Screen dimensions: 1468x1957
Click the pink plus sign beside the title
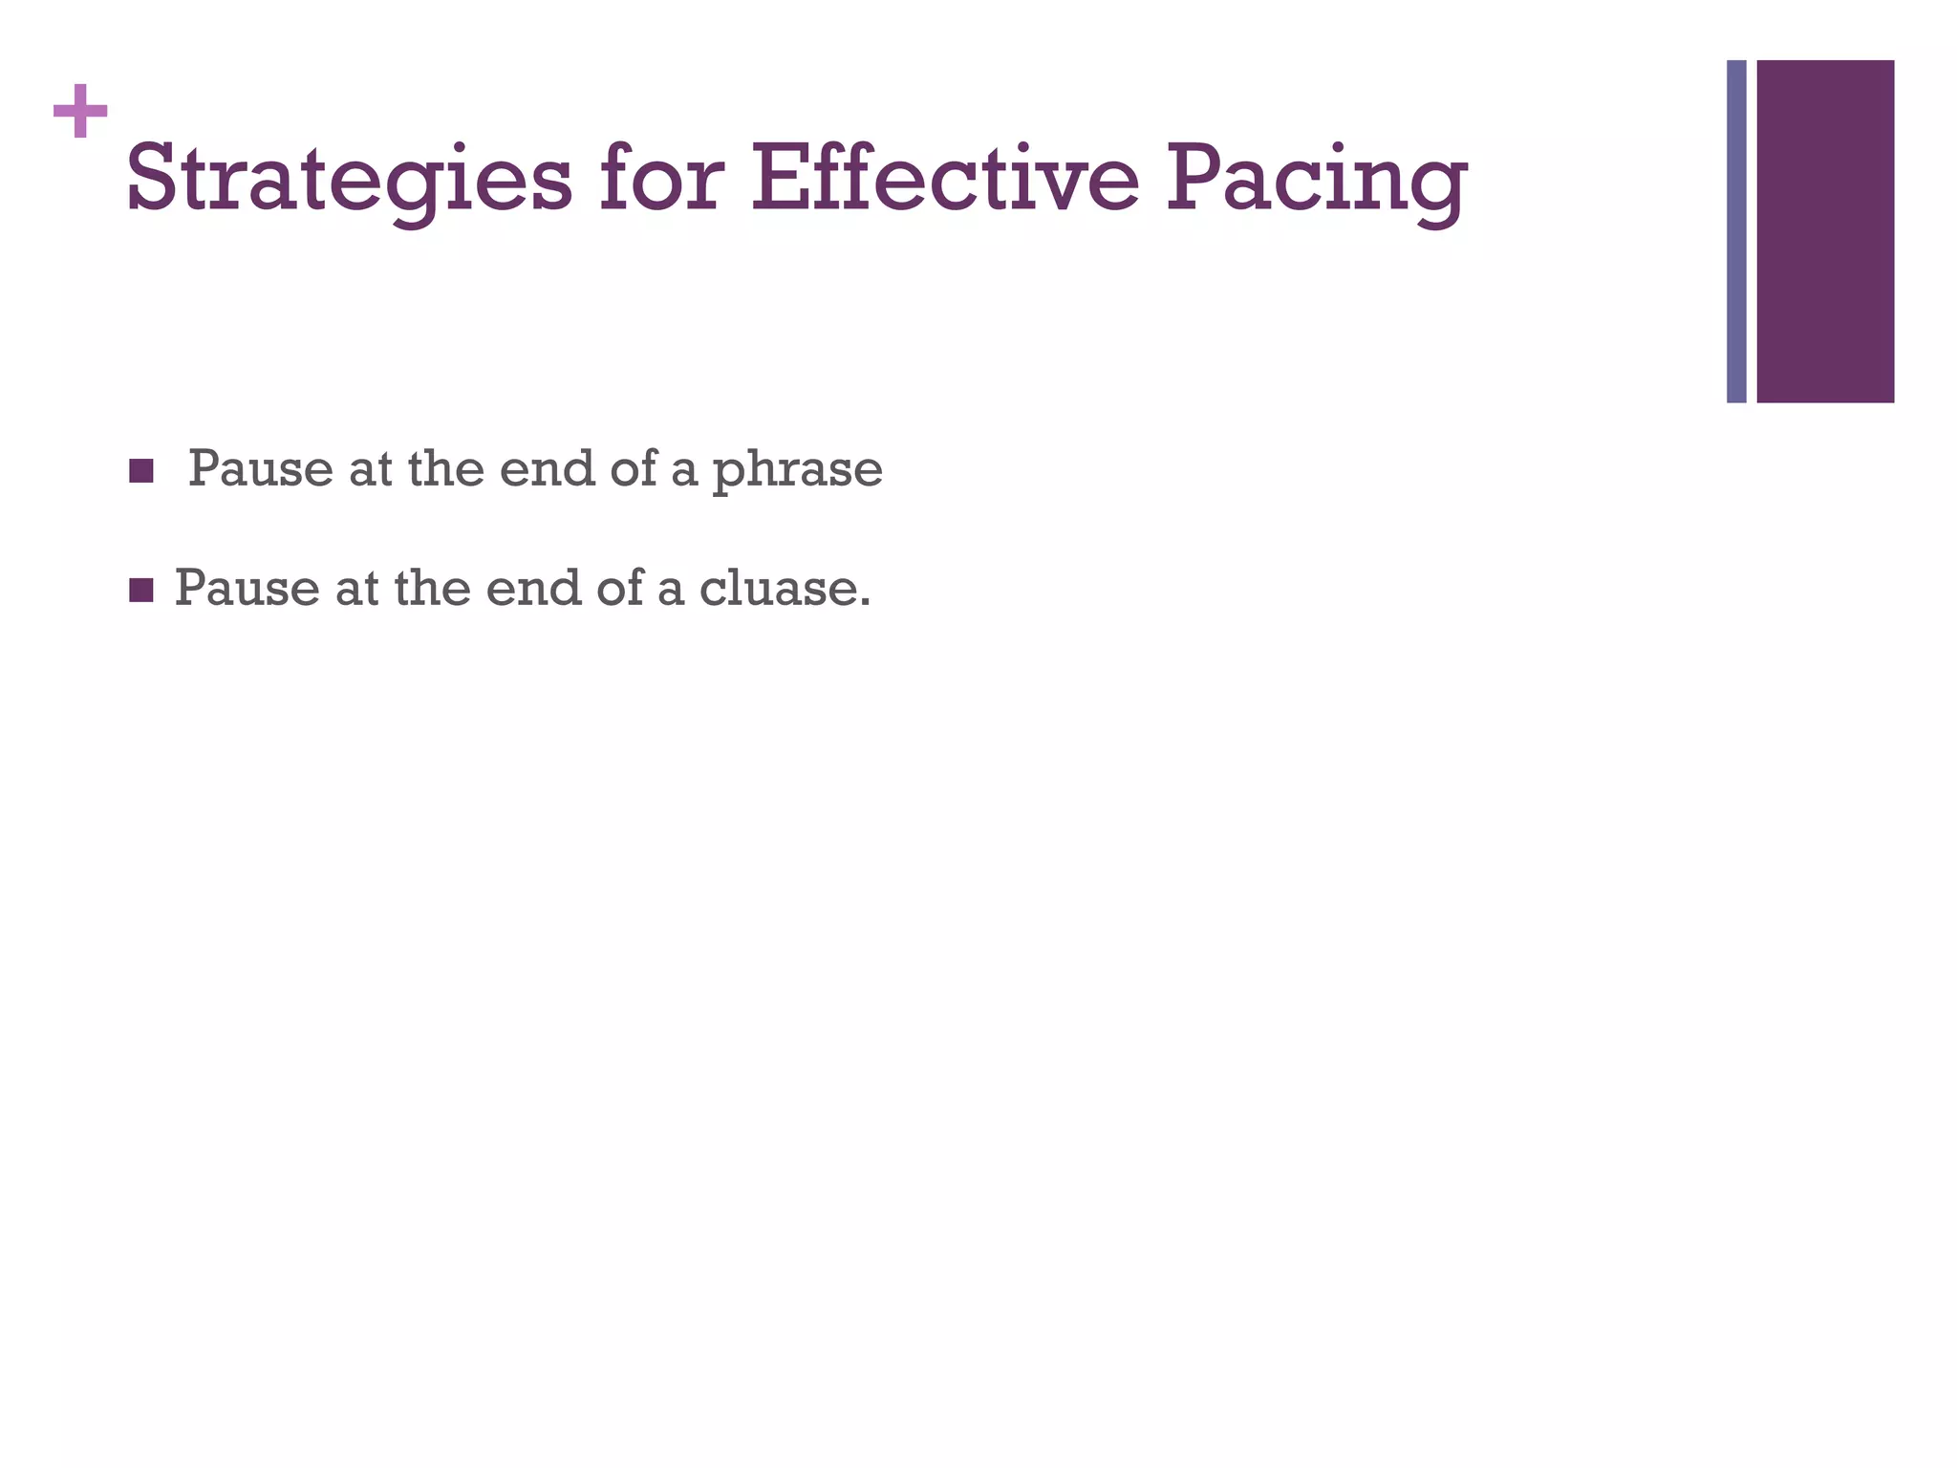click(80, 111)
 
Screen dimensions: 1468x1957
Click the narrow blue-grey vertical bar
click(1736, 231)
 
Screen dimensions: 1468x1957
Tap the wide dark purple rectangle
click(1825, 231)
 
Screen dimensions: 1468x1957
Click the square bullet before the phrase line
click(141, 471)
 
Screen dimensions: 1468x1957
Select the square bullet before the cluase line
click(141, 591)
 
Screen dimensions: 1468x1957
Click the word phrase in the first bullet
click(797, 470)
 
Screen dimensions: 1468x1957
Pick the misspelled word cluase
click(785, 588)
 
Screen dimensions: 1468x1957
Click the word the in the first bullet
click(445, 469)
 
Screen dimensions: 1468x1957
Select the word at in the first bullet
click(371, 469)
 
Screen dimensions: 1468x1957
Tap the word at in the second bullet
click(357, 588)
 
